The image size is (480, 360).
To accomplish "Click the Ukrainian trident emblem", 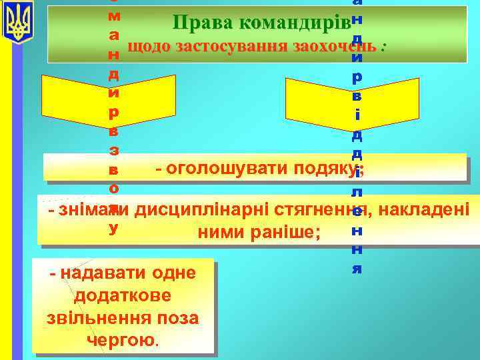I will (17, 22).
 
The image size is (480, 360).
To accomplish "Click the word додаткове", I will (123, 295).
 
